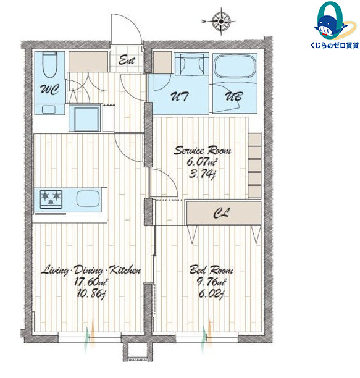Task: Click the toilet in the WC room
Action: coord(49,65)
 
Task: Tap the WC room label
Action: coord(49,90)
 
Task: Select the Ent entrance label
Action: coord(127,61)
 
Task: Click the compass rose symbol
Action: coord(221,22)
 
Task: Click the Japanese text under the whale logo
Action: coord(335,45)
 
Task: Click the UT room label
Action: coord(180,96)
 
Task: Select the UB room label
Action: coord(234,96)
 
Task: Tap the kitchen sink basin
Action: coord(88,199)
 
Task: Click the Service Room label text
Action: coord(202,151)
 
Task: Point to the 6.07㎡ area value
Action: coord(202,162)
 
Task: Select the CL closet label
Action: coord(222,213)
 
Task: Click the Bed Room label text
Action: coord(211,270)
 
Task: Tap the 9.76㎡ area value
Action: coord(212,282)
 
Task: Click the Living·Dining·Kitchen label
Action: coord(91,270)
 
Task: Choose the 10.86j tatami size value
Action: coord(91,294)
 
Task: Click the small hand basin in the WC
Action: coord(49,109)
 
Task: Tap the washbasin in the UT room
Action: coord(191,64)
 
